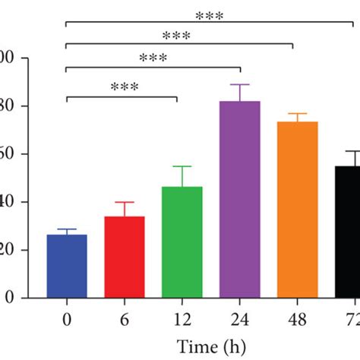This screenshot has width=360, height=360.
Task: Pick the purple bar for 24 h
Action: pyautogui.click(x=240, y=199)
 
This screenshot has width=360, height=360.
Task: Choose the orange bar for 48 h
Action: pyautogui.click(x=298, y=209)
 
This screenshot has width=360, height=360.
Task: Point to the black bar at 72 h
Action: pyautogui.click(x=347, y=232)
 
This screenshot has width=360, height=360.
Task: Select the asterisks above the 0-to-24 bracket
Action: pyautogui.click(x=153, y=58)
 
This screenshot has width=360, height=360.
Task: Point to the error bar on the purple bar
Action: pyautogui.click(x=240, y=92)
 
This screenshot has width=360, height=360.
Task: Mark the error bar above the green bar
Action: pyautogui.click(x=182, y=175)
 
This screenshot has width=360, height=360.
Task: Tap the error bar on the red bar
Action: pyautogui.click(x=125, y=208)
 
